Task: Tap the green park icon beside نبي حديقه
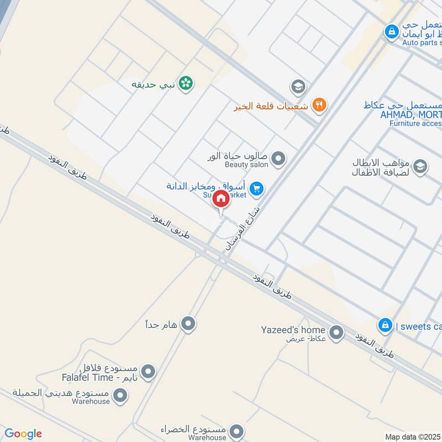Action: pos(187,83)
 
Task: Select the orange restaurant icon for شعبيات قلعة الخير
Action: pos(319,104)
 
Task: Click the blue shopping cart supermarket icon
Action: pos(256,189)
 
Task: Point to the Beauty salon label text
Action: pos(246,165)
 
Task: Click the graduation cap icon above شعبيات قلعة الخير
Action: pos(298,86)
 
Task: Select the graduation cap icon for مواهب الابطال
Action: pos(420,166)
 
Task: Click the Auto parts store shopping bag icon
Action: pos(391,31)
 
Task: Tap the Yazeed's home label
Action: pos(293,330)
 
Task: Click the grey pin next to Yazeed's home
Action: pos(335,333)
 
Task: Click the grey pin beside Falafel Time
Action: pos(148,372)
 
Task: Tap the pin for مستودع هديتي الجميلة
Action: pos(120,396)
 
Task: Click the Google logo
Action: pos(23,434)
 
